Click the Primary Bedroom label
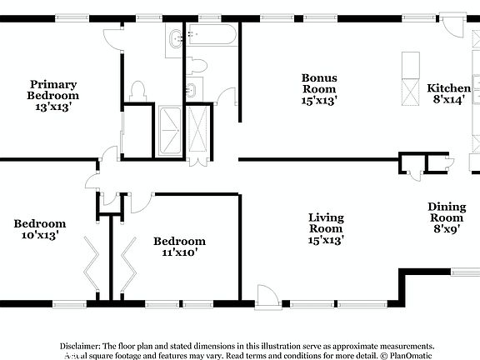click(53, 95)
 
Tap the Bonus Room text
click(318, 89)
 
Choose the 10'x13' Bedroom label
click(39, 229)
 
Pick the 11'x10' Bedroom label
click(179, 247)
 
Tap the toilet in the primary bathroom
click(138, 89)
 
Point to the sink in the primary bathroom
click(175, 39)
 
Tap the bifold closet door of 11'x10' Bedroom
click(127, 258)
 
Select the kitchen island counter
click(410, 79)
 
